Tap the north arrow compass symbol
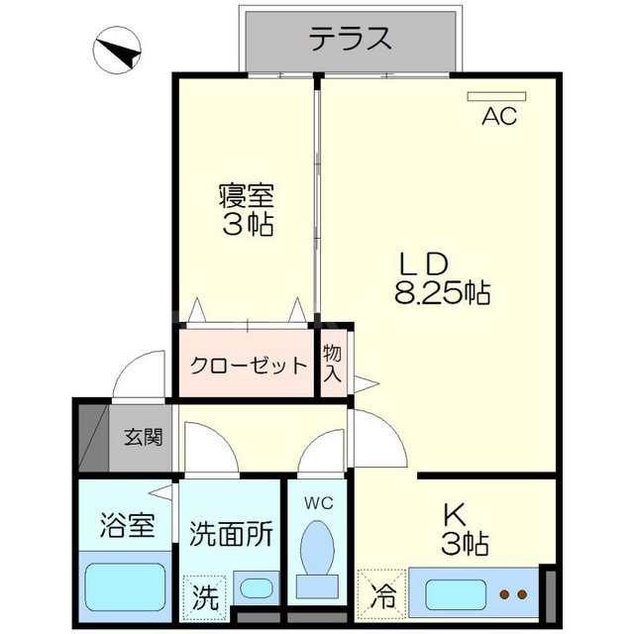click(119, 52)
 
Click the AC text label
click(499, 118)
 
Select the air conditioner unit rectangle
click(500, 96)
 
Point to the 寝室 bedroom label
click(246, 195)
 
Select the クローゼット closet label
click(249, 366)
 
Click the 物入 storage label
click(333, 364)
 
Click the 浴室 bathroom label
click(128, 525)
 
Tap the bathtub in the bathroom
click(125, 587)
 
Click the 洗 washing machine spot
click(204, 596)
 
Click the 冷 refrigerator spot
click(381, 596)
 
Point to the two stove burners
click(513, 595)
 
